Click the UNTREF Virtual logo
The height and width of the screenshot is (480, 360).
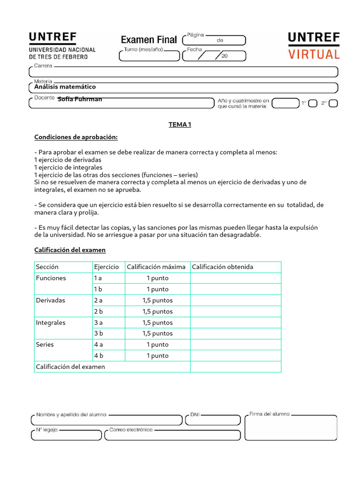click(314, 46)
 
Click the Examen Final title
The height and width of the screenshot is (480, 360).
click(149, 40)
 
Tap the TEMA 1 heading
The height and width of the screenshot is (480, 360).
click(180, 125)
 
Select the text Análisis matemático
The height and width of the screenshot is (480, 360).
click(65, 87)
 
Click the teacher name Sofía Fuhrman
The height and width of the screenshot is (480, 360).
click(80, 99)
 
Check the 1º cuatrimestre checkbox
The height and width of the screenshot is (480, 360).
click(313, 104)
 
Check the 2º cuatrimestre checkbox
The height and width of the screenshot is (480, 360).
click(333, 104)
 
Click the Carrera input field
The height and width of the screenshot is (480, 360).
click(183, 72)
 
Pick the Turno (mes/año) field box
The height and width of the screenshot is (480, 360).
click(149, 56)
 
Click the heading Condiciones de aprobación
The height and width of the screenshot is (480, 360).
click(76, 137)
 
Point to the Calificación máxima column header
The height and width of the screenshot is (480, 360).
click(156, 267)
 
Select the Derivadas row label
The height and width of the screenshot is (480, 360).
click(51, 300)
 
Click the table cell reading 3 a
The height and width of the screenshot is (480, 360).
click(98, 322)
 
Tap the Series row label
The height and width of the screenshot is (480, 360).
click(45, 345)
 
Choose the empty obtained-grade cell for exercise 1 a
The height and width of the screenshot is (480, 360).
click(235, 278)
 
